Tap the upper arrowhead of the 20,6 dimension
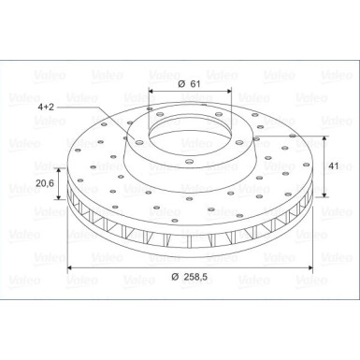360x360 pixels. (x=60, y=168)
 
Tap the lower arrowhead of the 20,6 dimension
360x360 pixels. (x=60, y=198)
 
